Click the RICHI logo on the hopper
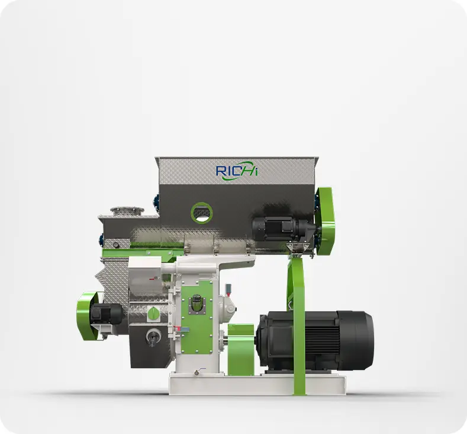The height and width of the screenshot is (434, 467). coord(237,171)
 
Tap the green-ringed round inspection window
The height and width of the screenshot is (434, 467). coord(202,213)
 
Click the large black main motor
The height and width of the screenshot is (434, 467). coord(314,342)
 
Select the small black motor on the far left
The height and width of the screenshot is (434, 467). coord(106,314)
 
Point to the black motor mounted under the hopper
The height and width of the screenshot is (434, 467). coord(282,228)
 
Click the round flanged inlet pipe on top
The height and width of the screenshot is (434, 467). coord(127,211)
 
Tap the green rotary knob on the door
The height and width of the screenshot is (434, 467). coord(153,314)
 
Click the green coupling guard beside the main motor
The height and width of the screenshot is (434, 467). coord(241,350)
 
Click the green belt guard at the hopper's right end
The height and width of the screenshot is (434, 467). coord(325,221)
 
